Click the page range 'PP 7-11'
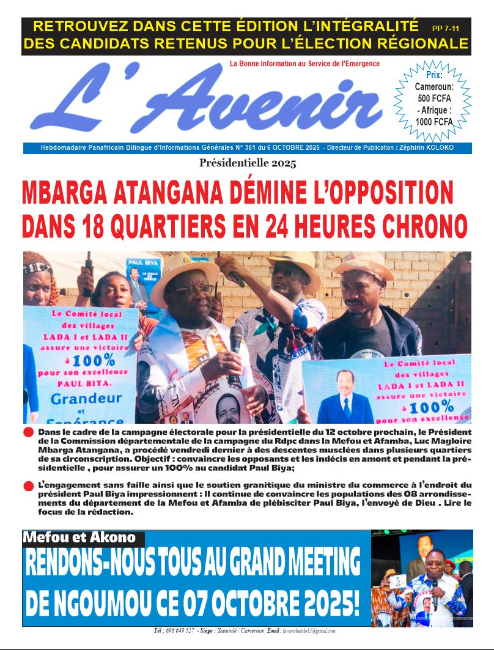click(448, 28)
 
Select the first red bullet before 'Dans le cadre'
click(29, 433)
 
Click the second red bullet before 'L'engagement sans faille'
click(29, 486)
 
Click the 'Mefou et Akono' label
click(79, 538)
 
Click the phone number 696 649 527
click(182, 630)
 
